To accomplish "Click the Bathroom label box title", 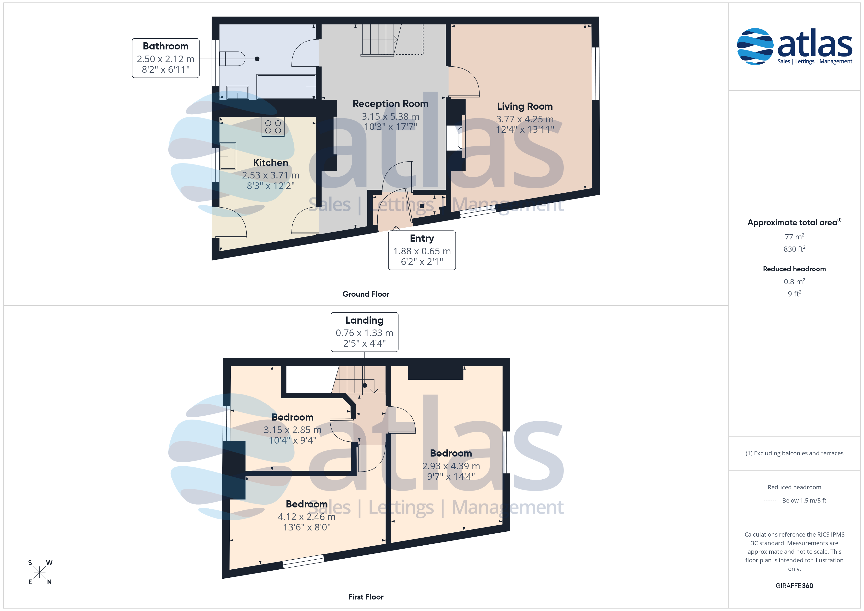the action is (166, 46).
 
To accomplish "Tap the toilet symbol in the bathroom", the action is (232, 59).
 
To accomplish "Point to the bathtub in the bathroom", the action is (286, 86).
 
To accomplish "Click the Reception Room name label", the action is (390, 104).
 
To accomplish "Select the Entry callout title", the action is (422, 238).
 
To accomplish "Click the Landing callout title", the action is (364, 320).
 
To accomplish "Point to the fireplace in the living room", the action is (454, 138).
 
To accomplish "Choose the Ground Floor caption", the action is (366, 294).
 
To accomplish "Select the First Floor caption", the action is (366, 597).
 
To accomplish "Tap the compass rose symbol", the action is (39, 573).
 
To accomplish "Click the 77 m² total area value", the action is (794, 237).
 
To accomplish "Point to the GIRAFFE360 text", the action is (794, 586).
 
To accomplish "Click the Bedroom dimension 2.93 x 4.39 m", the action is (451, 466).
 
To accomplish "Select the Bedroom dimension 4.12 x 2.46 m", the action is (307, 517).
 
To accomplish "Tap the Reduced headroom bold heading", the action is (794, 269).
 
